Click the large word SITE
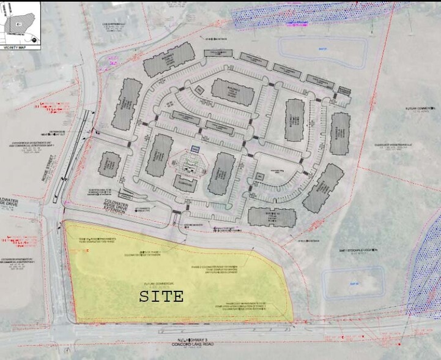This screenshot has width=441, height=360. [161, 297]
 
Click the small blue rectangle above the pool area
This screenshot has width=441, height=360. [195, 149]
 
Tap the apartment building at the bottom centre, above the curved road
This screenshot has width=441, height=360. [272, 216]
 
